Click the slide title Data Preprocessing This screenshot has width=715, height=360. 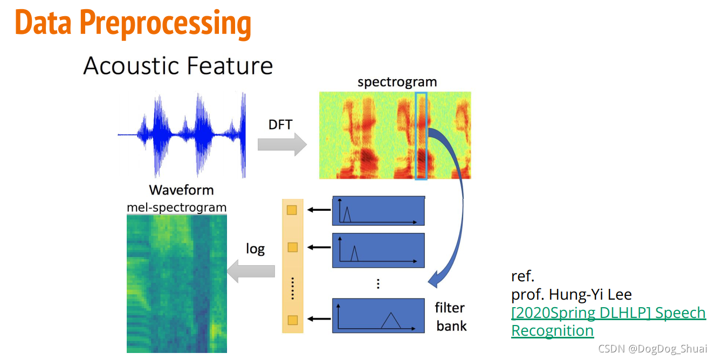(x=133, y=23)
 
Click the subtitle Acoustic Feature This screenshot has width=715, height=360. (x=178, y=66)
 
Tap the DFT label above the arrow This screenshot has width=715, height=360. (x=280, y=124)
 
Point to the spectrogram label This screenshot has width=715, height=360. (x=397, y=82)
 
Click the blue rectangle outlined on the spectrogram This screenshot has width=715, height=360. (x=421, y=135)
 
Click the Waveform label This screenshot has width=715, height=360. (x=181, y=190)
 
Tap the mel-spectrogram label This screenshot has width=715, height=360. (x=176, y=207)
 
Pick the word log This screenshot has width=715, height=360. (x=255, y=248)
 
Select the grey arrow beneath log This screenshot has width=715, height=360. (x=251, y=270)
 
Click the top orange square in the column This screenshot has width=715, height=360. (x=292, y=210)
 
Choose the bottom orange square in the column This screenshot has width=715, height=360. (x=292, y=321)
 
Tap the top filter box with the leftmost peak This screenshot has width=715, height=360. (x=379, y=211)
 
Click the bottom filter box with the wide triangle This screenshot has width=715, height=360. (x=379, y=315)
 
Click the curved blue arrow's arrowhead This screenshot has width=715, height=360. (x=434, y=279)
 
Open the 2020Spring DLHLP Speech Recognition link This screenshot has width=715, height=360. (x=608, y=321)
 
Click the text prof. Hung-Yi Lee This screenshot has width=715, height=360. (x=571, y=295)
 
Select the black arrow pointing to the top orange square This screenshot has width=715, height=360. (x=318, y=210)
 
